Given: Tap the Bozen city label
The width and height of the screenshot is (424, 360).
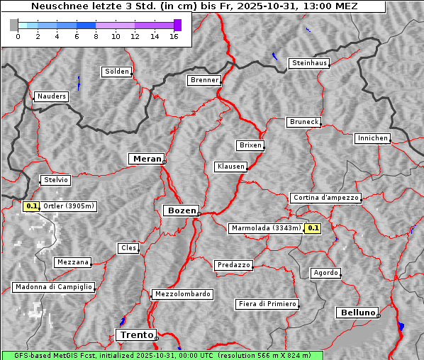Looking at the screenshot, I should [180, 210].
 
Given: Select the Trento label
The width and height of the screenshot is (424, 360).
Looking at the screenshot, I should [135, 334].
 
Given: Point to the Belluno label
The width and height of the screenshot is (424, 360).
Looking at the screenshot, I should [357, 312].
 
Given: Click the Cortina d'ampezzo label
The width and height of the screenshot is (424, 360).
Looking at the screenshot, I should [325, 198].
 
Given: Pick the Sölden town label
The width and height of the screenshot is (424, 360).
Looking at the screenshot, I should [117, 72].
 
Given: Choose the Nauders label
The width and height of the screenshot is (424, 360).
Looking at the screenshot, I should [51, 96].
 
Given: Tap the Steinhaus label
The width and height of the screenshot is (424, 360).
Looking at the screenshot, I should [310, 64].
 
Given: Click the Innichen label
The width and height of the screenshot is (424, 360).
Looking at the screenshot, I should [372, 138].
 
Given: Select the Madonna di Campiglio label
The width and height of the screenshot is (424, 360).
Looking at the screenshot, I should [53, 287].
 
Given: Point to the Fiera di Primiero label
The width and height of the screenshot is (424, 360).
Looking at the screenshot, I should [267, 304].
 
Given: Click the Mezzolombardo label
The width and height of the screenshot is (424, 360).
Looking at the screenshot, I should [182, 294].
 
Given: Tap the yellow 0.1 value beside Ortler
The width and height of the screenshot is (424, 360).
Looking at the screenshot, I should [31, 206].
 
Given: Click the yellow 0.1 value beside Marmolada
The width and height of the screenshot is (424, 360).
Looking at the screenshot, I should [313, 228].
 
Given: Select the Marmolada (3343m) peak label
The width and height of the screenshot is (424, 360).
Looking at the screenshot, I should [266, 228].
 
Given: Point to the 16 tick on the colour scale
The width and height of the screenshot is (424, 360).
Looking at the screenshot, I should [174, 35].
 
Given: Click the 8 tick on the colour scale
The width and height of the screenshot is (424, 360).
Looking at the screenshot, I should [96, 35].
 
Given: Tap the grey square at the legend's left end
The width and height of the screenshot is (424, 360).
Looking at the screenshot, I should [14, 25].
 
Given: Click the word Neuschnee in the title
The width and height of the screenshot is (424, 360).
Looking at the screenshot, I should [57, 6].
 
